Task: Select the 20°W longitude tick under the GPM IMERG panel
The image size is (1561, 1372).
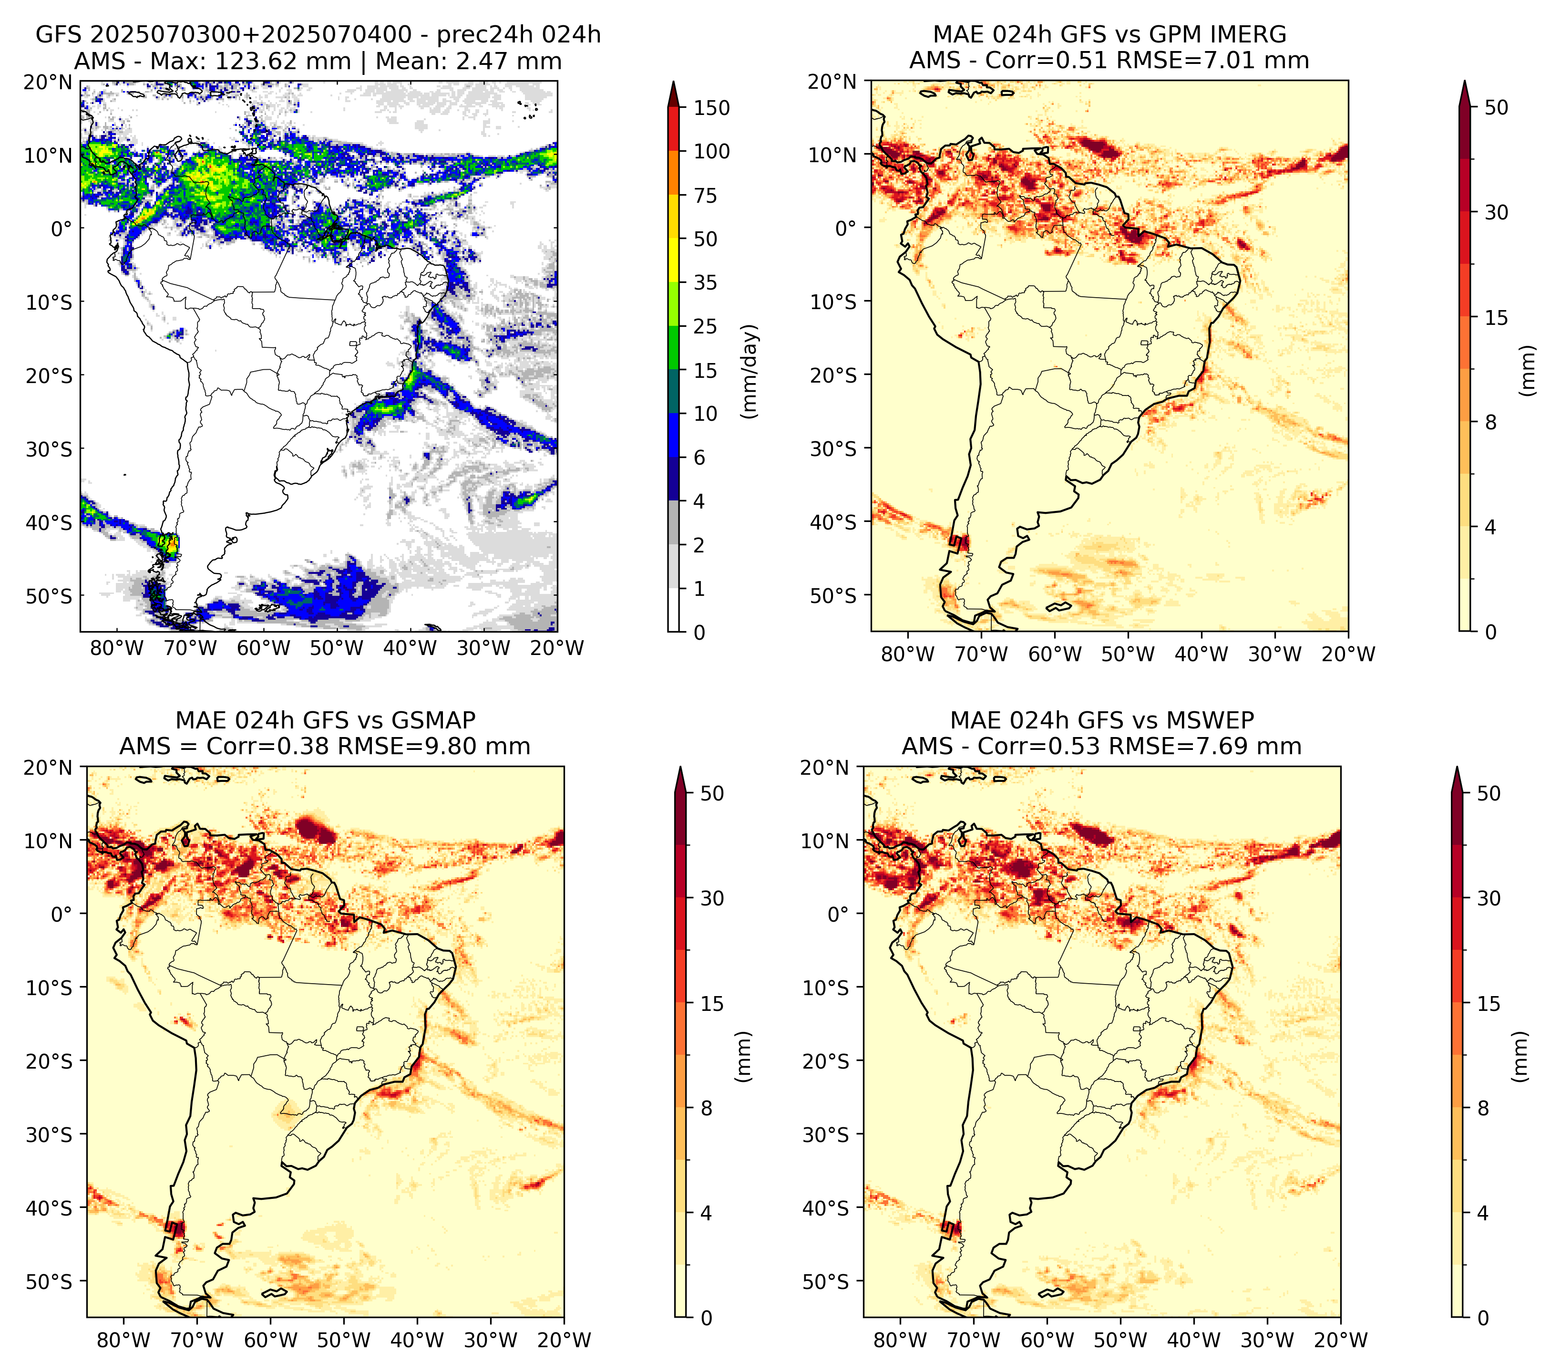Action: (1348, 654)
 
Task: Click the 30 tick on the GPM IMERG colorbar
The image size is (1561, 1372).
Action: (1496, 212)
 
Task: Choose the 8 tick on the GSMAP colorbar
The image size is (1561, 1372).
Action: (706, 1109)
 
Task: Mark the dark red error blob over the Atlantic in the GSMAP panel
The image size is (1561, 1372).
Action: (316, 828)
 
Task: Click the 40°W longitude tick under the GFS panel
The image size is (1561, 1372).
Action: (410, 648)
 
